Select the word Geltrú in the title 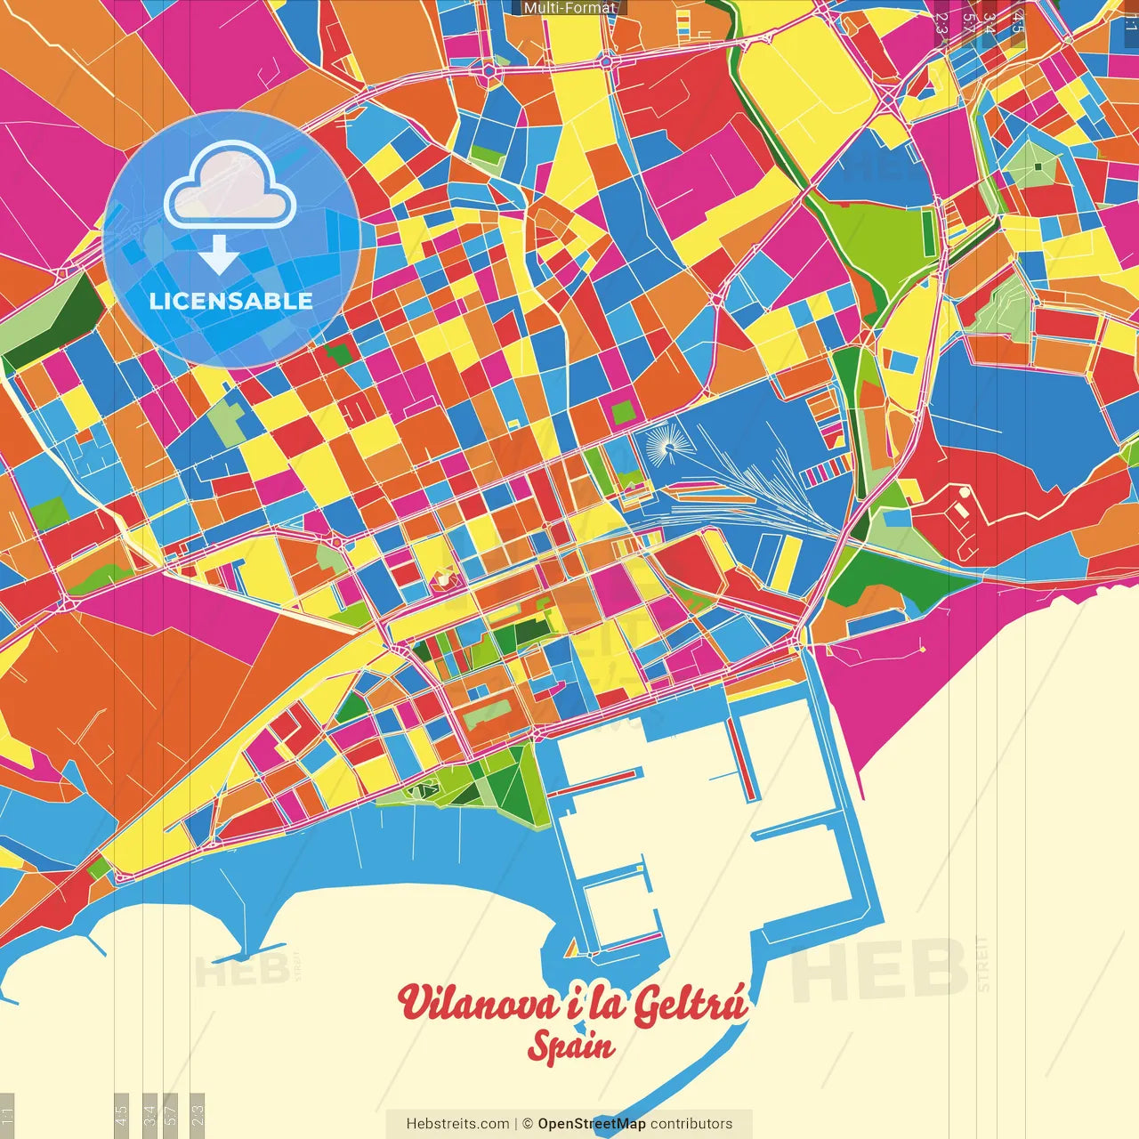click(x=690, y=1004)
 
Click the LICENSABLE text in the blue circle click(x=230, y=301)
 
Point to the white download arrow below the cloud click(x=218, y=255)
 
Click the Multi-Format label click(x=569, y=8)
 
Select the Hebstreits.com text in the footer click(x=457, y=1124)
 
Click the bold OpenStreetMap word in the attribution click(x=592, y=1124)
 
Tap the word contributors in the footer click(x=691, y=1124)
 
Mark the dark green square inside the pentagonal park click(x=1038, y=166)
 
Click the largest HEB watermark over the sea click(x=881, y=970)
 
